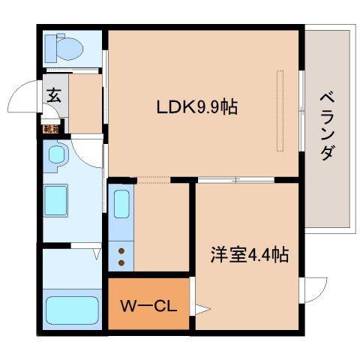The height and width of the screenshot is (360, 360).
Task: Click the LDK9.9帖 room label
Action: (x=197, y=107)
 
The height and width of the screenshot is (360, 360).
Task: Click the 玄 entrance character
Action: (x=55, y=95)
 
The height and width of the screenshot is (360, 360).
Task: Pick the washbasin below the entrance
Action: (x=58, y=156)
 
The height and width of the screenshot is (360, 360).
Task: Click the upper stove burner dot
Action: (x=121, y=250)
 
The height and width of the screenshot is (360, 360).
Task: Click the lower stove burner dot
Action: (x=121, y=262)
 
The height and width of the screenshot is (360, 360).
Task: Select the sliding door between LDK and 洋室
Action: (x=236, y=179)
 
